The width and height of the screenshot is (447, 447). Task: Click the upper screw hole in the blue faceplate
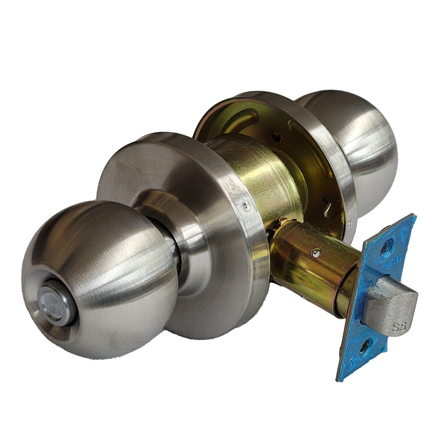387,245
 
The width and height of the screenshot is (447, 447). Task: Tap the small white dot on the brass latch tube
316,253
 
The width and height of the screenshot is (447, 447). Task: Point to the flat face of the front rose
148,174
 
